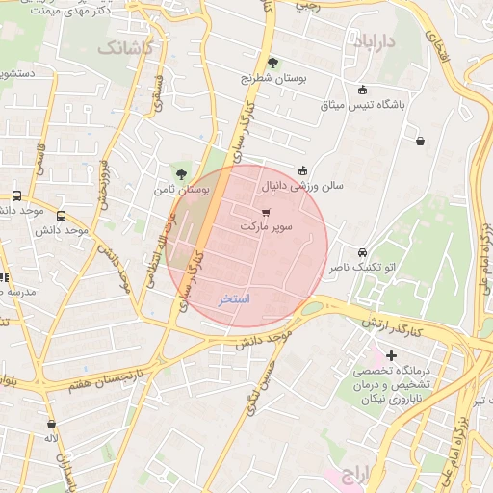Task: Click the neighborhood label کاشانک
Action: tap(124, 47)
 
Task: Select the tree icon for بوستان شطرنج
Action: tap(272, 63)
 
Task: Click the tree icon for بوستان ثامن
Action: tap(181, 173)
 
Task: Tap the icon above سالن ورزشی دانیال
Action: tap(303, 169)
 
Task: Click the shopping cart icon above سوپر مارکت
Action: tap(266, 210)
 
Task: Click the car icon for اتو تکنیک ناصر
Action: tap(362, 250)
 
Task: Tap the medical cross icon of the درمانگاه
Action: tap(391, 356)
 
